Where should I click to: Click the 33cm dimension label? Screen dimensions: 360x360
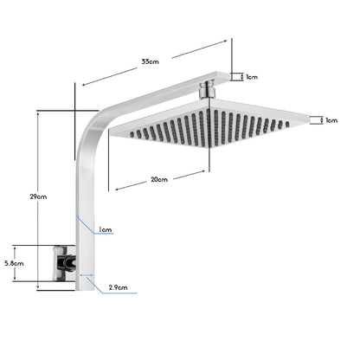coord(151,61)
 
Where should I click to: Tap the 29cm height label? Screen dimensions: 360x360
coord(38,197)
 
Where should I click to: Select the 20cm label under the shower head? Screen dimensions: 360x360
coord(158,180)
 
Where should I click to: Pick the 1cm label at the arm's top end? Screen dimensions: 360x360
coord(252,77)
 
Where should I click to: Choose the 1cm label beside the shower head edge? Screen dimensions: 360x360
coord(331,120)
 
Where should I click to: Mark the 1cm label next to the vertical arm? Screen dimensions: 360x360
coord(105,230)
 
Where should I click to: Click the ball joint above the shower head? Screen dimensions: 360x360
coord(206,89)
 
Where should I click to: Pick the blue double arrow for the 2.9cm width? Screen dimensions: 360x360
coord(87,276)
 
